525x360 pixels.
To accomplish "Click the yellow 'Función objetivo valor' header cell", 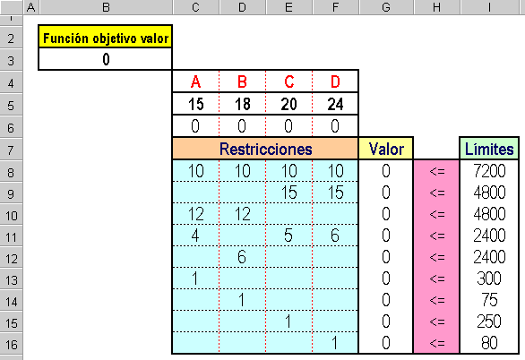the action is (x=106, y=37).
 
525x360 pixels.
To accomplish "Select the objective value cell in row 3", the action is (x=106, y=59).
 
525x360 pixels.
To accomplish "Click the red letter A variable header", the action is (x=196, y=81).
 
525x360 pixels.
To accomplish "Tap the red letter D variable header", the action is (x=335, y=81).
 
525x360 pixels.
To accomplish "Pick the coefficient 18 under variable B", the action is (x=243, y=104).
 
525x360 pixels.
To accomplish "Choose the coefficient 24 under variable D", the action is (x=335, y=104).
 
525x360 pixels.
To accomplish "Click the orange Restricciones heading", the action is (x=265, y=149).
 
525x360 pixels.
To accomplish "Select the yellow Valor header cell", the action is (x=386, y=149).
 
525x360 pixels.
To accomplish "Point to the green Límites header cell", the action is (x=489, y=149).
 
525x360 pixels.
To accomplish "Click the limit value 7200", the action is (x=489, y=171).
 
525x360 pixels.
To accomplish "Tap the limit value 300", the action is (x=489, y=279).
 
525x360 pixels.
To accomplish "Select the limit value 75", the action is (x=489, y=300).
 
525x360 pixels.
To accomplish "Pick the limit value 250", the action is (x=489, y=321).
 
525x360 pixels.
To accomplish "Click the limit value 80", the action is (x=489, y=343).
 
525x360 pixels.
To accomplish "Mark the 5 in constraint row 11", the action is (x=288, y=236).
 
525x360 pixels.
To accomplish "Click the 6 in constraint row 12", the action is (x=242, y=257).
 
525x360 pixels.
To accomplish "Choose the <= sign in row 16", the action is (x=437, y=343).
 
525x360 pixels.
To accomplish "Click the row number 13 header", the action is (x=12, y=280).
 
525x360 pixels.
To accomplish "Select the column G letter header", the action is (x=386, y=7).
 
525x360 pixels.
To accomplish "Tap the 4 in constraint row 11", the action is (x=195, y=236).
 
